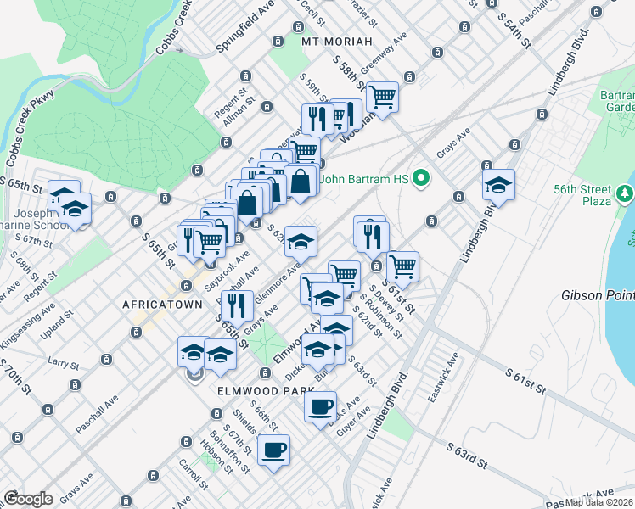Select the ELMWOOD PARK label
click(x=244, y=391)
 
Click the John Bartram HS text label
click(x=371, y=179)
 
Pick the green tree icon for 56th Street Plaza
click(x=626, y=194)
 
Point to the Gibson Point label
click(x=598, y=295)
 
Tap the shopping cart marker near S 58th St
click(x=383, y=96)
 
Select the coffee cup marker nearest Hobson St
click(x=273, y=450)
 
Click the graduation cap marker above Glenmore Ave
click(x=301, y=241)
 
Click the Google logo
click(x=28, y=499)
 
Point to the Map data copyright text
click(x=599, y=502)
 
